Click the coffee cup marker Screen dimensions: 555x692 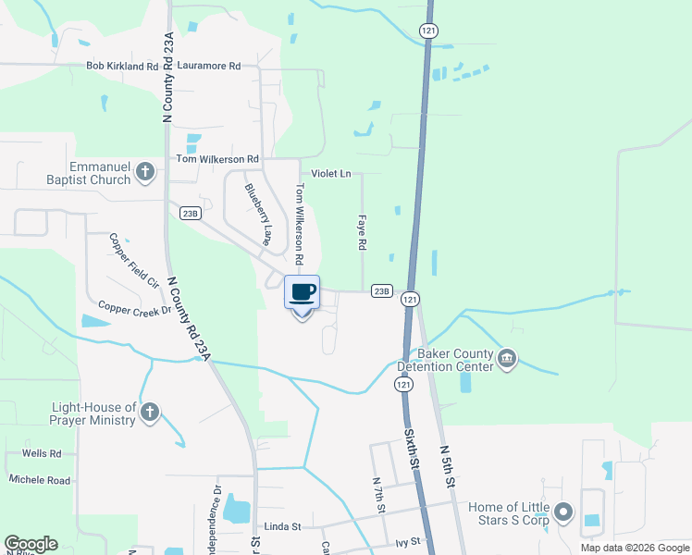[302, 293]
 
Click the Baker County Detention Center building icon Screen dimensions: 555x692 [506, 358]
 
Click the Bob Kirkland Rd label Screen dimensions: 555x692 [123, 67]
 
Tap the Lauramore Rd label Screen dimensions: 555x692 [208, 67]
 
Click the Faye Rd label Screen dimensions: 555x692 [363, 234]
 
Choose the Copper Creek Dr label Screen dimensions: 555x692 [135, 309]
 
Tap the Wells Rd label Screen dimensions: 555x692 [43, 454]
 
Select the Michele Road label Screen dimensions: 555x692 [40, 480]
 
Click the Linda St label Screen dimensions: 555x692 [283, 526]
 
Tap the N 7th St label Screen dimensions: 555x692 [377, 496]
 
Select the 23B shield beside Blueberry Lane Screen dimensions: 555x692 [191, 213]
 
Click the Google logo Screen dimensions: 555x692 [31, 544]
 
